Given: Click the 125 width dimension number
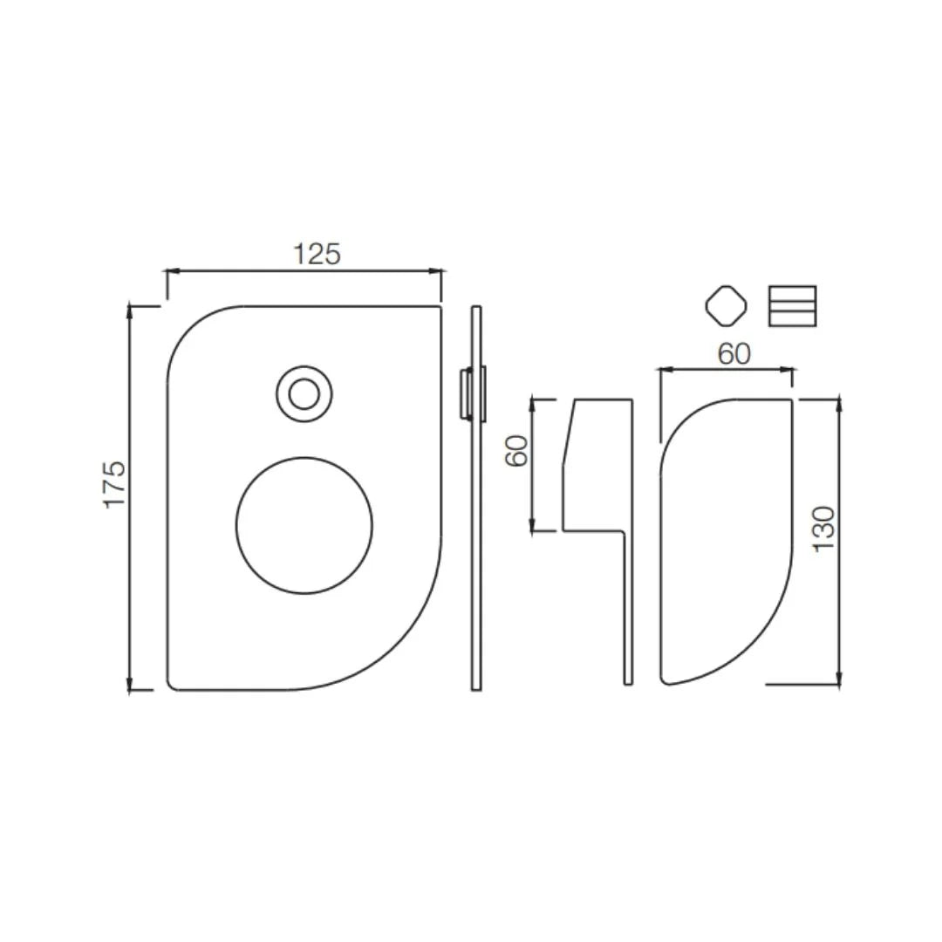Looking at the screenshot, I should [317, 254].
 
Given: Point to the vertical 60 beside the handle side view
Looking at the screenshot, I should [518, 451].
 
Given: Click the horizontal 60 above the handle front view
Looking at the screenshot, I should [734, 353].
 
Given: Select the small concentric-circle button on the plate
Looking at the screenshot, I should [304, 394].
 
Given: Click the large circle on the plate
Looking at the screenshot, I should [304, 525].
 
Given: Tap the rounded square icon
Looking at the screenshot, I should [726, 306].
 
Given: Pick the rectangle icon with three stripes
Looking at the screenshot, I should [792, 306].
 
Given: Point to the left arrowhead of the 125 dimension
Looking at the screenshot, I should [172, 272].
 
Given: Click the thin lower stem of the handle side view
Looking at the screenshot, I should [627, 611].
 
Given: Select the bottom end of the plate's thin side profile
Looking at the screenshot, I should [476, 686].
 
